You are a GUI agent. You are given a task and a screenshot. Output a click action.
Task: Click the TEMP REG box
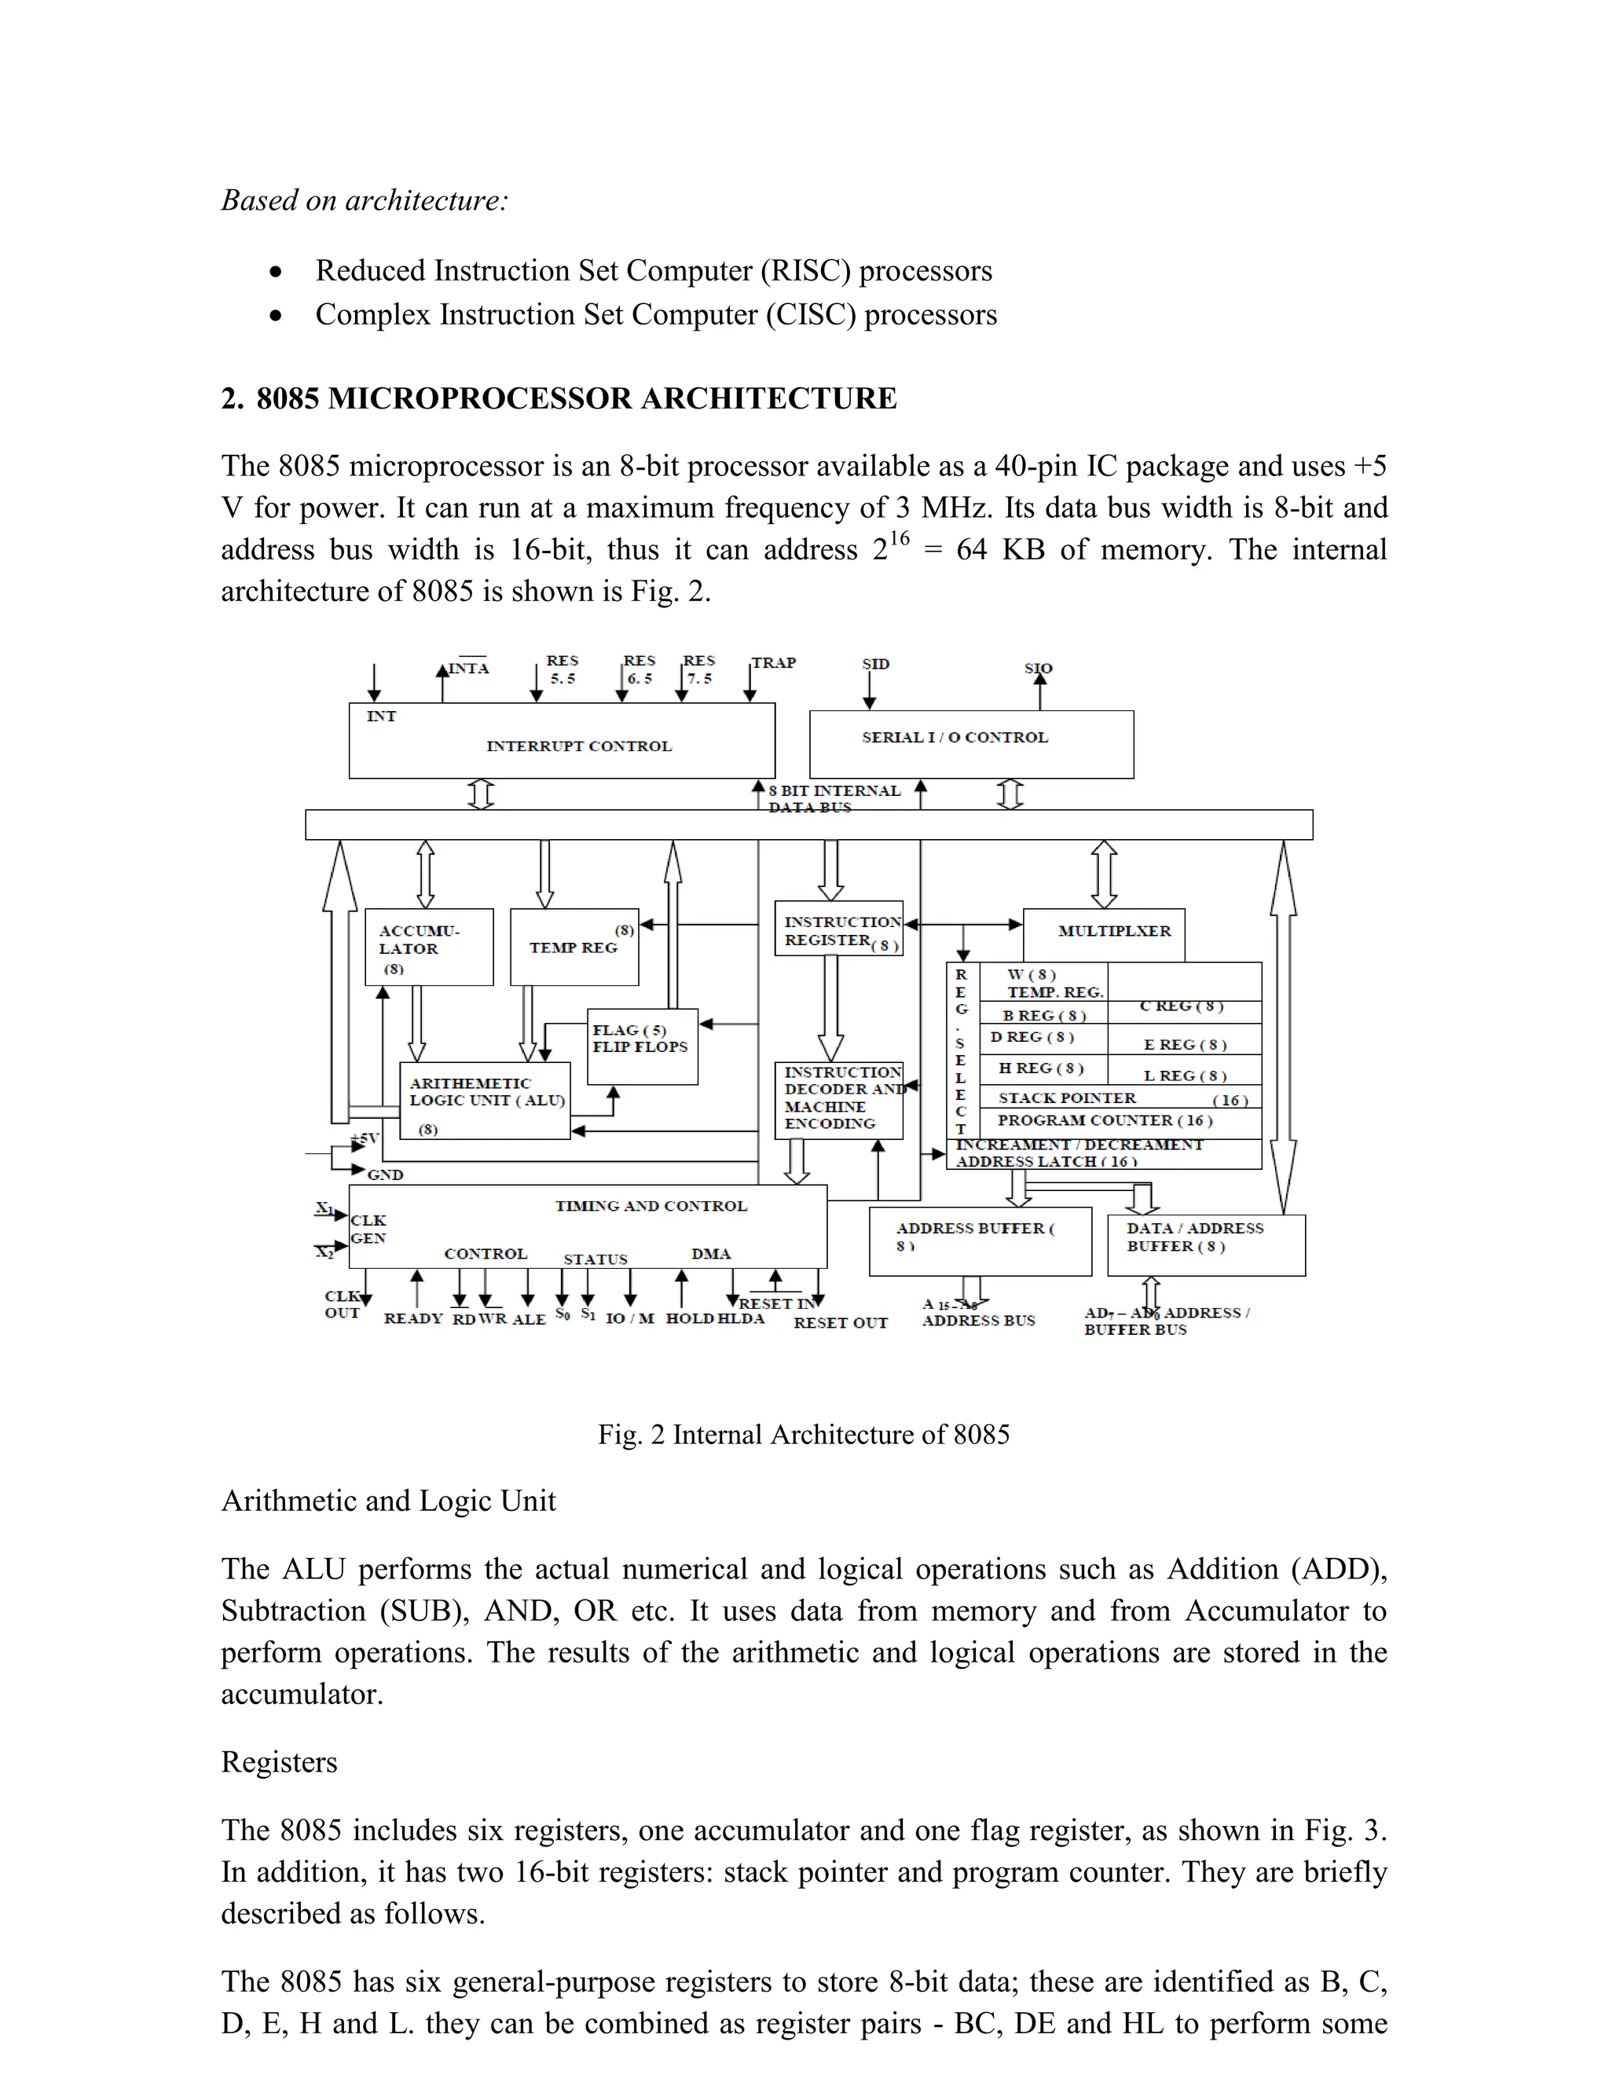tap(574, 947)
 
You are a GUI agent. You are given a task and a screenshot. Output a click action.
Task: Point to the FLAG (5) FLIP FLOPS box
tap(642, 1046)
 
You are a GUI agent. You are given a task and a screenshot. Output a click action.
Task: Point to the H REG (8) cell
tap(1041, 1068)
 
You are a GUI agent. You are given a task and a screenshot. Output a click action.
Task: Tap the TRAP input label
tap(774, 662)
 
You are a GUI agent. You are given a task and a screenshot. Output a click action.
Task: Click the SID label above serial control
tap(875, 664)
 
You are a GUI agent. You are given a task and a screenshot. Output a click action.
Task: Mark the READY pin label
tap(412, 1318)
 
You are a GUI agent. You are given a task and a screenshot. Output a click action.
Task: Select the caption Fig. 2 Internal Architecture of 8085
tap(804, 1435)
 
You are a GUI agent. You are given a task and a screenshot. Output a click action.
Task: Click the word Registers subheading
tap(279, 1761)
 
